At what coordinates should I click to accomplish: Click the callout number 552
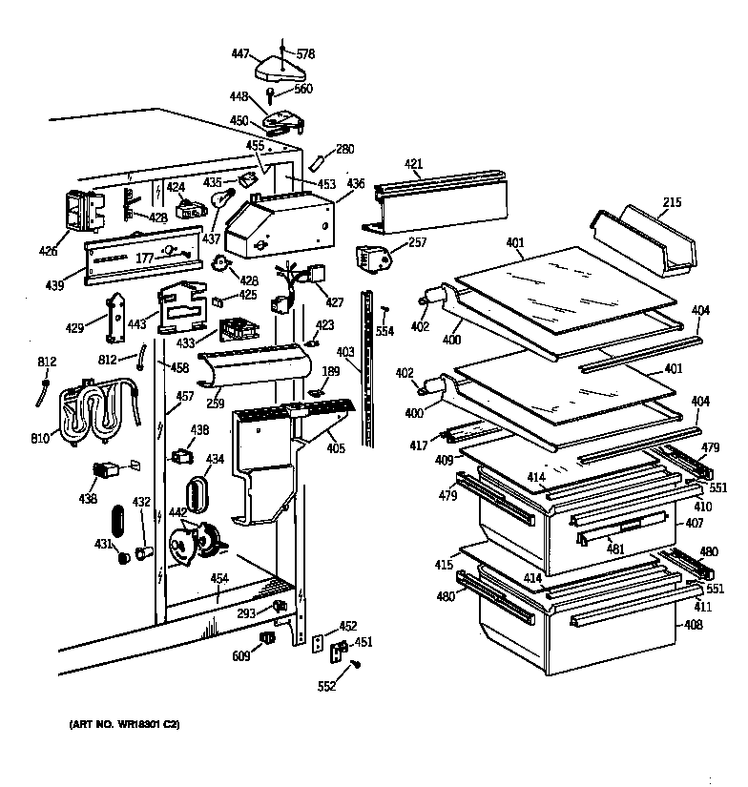click(327, 685)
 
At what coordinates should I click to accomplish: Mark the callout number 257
click(417, 243)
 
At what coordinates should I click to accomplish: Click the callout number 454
click(219, 578)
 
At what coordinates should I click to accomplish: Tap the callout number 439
click(54, 284)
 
